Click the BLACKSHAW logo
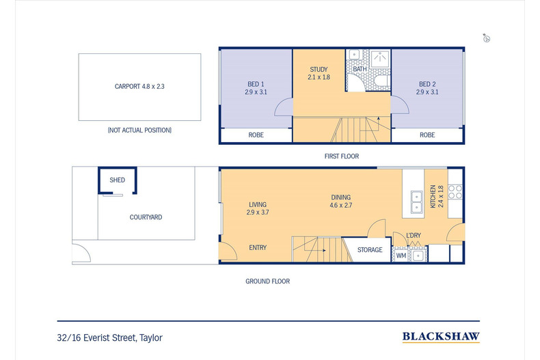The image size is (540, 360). coord(440,337)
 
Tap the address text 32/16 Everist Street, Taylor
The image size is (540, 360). coord(110,337)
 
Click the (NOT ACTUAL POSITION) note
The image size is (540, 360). coord(139,130)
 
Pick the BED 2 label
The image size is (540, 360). coord(427,88)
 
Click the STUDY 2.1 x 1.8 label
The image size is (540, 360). coord(319,73)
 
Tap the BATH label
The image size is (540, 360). coord(360,69)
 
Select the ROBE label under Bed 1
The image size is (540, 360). coord(255,135)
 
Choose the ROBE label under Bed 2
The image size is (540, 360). coord(427,135)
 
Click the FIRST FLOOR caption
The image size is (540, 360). coord(342,156)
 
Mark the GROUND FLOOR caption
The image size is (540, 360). coord(267,281)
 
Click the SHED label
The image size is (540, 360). coord(117,180)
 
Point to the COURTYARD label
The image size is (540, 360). coord(146,217)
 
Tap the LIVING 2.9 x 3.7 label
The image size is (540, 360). coord(257,208)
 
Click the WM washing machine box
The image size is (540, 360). coord(401,255)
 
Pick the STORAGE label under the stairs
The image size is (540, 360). coord(370,250)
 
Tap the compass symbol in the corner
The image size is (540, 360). coord(487,38)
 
